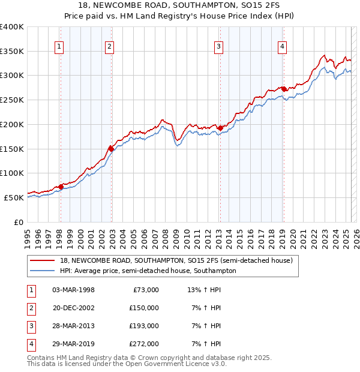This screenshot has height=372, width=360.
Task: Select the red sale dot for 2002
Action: pyautogui.click(x=111, y=148)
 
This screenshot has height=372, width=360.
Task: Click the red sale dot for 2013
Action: pyautogui.click(x=220, y=127)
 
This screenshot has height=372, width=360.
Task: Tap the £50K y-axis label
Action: pyautogui.click(x=14, y=197)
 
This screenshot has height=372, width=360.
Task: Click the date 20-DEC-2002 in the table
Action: pyautogui.click(x=74, y=308)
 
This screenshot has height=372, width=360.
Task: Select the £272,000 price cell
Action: pyautogui.click(x=144, y=344)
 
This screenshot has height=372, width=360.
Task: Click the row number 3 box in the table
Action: pyautogui.click(x=31, y=326)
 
